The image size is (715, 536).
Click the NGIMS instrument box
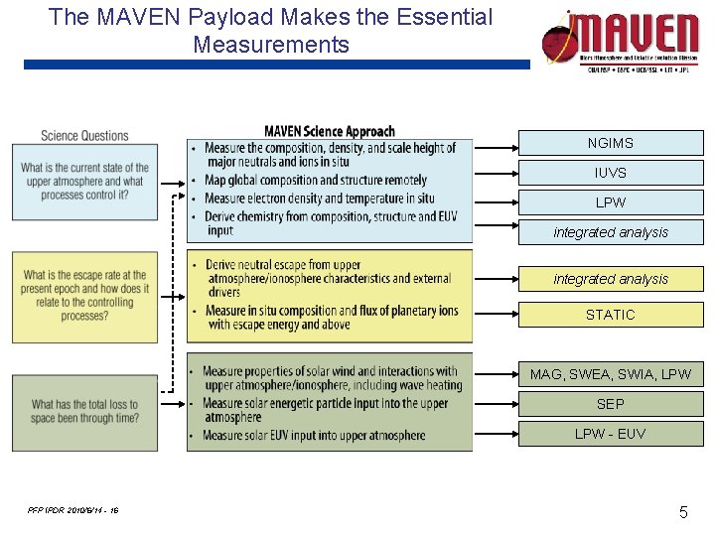(610, 143)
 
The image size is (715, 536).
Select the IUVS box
(610, 173)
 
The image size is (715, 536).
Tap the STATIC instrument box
(610, 315)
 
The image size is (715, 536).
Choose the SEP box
(610, 404)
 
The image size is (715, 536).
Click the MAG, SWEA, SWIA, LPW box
(610, 374)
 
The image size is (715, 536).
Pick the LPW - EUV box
(610, 434)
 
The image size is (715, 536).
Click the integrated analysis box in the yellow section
(610, 279)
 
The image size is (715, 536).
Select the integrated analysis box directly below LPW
(610, 232)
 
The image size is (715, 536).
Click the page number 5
(683, 512)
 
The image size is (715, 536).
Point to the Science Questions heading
(84, 136)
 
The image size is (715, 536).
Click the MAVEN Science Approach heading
(330, 131)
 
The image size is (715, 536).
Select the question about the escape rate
(84, 296)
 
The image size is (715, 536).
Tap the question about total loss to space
(84, 411)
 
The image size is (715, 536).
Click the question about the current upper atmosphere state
(84, 181)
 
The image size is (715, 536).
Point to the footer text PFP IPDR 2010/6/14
(73, 510)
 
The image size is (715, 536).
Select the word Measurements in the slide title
(271, 45)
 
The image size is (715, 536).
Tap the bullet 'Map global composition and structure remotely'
(315, 180)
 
